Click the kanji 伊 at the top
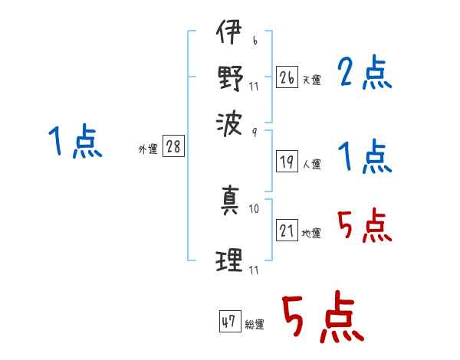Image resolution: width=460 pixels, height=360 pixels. (229, 31)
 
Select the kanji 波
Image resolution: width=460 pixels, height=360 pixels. (229, 124)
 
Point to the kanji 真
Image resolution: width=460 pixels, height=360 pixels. (230, 200)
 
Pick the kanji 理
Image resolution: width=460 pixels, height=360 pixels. (229, 260)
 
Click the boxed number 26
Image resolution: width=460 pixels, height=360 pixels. (287, 77)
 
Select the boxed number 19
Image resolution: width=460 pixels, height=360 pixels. (287, 162)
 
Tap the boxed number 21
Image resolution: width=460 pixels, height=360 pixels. (287, 230)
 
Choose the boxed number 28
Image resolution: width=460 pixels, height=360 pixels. (173, 146)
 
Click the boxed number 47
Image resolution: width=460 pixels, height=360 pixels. (230, 321)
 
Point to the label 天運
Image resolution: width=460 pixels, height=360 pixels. (312, 80)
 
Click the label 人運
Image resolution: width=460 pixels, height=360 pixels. (312, 164)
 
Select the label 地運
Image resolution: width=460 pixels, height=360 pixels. (311, 234)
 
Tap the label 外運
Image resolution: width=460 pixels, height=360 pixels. (148, 149)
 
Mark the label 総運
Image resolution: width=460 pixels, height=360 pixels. (255, 324)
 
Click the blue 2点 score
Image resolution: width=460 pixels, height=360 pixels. (365, 73)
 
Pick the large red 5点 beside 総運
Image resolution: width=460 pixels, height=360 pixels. (324, 316)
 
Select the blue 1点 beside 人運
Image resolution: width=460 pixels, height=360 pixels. (365, 156)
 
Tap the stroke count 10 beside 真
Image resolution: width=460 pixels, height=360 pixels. (254, 209)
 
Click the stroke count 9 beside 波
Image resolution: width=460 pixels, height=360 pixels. (255, 133)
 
